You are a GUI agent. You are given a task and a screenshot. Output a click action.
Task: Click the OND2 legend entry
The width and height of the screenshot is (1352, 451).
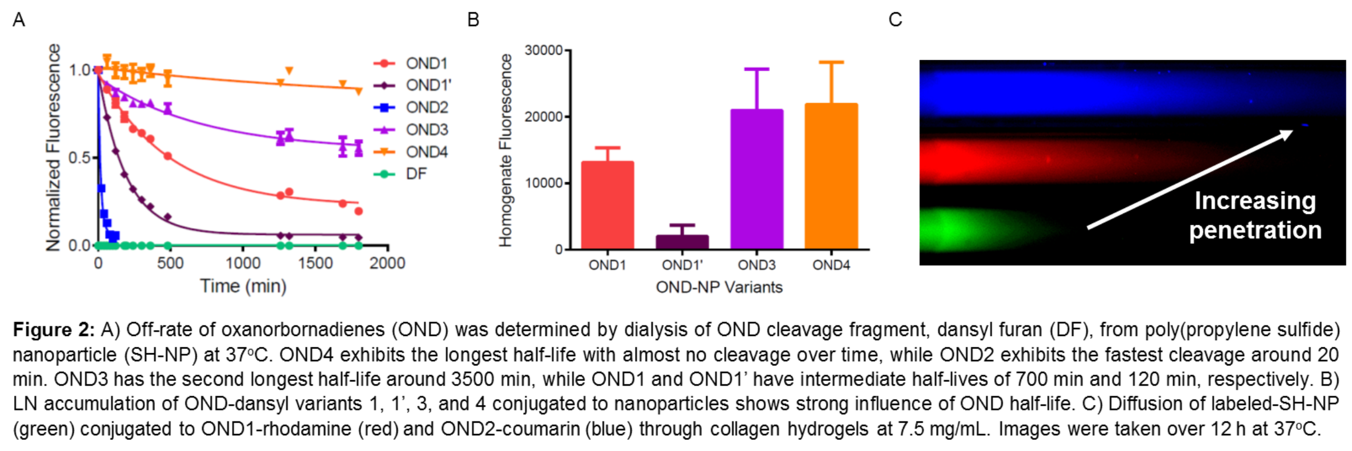(x=411, y=107)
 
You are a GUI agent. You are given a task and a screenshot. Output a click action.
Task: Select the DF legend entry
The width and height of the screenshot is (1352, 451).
(x=401, y=174)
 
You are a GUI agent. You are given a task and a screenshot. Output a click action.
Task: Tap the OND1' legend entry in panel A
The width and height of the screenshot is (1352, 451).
(x=413, y=85)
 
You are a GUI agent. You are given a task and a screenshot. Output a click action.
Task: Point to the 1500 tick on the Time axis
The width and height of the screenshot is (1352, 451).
(x=315, y=263)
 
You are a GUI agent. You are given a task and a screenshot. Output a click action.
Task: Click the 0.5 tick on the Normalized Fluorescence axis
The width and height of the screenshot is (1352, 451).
(x=79, y=158)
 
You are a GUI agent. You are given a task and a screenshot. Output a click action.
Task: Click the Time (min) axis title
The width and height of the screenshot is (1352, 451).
(x=243, y=286)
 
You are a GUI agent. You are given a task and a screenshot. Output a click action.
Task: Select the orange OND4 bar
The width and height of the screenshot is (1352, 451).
(x=831, y=176)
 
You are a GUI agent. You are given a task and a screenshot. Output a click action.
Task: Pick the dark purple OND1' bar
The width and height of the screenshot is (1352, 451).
(x=682, y=242)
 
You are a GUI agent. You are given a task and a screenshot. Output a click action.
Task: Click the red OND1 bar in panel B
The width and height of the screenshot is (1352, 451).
(x=607, y=205)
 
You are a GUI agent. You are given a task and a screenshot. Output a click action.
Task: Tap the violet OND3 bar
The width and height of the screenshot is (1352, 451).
(x=756, y=179)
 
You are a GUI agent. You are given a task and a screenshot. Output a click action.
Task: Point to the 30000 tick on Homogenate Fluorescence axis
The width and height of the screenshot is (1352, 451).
(x=543, y=51)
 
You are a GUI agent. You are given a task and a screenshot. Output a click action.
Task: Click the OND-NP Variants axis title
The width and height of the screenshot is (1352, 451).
(x=719, y=288)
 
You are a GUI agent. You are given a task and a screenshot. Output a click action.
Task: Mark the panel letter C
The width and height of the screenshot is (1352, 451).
(x=895, y=20)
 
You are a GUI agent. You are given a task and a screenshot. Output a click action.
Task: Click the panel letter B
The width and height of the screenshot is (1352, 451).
(x=473, y=20)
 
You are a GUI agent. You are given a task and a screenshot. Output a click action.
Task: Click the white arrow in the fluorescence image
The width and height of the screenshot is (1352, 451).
(x=1190, y=179)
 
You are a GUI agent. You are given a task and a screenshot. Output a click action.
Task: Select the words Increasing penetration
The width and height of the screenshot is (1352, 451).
(x=1255, y=215)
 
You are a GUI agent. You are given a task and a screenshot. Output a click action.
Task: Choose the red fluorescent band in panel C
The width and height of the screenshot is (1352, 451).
(x=1060, y=159)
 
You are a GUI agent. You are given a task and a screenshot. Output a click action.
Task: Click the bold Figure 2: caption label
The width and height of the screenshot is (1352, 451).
(x=54, y=330)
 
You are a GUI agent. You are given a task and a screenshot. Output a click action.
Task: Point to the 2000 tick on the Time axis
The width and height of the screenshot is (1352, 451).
(x=387, y=263)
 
